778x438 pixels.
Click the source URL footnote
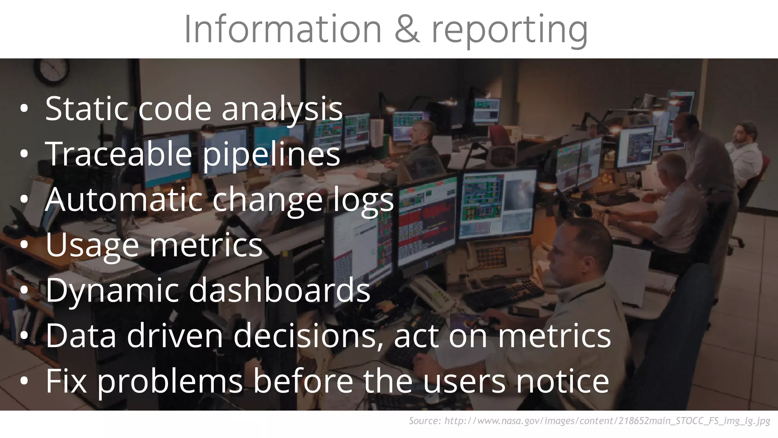tap(589, 421)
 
